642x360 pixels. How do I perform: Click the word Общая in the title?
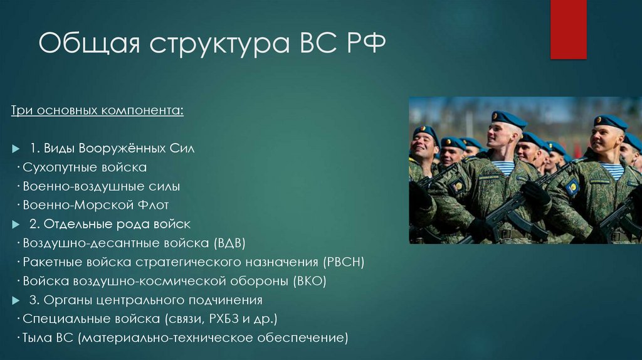point(89,46)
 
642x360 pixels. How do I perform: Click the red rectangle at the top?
point(568,29)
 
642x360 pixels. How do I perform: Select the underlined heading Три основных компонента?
point(98,111)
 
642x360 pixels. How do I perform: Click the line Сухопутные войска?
point(85,167)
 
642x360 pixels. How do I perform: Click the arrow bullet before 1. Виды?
point(16,149)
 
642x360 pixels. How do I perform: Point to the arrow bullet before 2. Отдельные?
point(16,224)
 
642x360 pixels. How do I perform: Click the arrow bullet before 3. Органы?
point(16,300)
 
